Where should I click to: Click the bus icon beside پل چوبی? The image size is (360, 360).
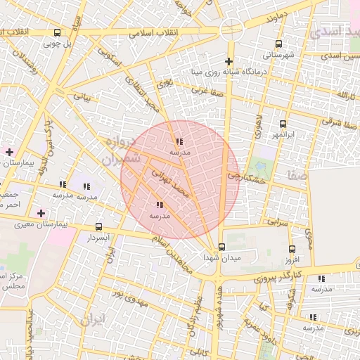[x=57, y=32]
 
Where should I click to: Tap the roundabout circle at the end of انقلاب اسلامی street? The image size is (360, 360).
[x=231, y=29]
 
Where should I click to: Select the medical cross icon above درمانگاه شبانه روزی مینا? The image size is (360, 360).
[x=229, y=61]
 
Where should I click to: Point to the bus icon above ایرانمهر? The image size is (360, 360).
[x=283, y=124]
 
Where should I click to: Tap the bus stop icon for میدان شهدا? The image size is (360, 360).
[x=222, y=247]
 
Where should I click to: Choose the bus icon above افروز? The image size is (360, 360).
[x=292, y=248]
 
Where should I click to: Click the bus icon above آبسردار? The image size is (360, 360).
[x=98, y=227]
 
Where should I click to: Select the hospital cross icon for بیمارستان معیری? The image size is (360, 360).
[x=41, y=213]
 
